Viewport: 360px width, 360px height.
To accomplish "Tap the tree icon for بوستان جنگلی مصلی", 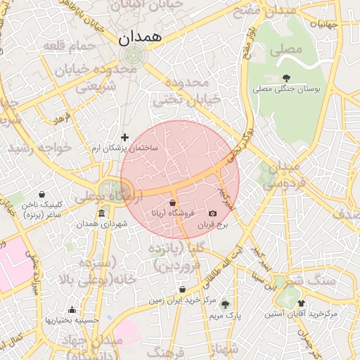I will [x=286, y=78].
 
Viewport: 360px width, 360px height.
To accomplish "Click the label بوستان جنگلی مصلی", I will [x=287, y=90].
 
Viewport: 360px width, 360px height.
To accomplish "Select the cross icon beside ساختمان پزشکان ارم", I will [x=125, y=137].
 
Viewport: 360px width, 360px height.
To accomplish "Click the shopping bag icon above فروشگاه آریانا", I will [x=172, y=202].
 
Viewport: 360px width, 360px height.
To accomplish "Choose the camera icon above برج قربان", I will [x=212, y=213].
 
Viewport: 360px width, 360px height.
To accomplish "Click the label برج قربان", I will [x=212, y=225].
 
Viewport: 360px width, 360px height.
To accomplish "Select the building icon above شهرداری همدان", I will [x=102, y=213].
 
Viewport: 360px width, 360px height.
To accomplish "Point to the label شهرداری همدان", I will [x=102, y=224].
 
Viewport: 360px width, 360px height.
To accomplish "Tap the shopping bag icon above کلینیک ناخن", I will [x=41, y=194].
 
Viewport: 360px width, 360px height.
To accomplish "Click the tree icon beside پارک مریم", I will [x=225, y=304].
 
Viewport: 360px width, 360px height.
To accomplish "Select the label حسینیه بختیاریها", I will [x=71, y=320].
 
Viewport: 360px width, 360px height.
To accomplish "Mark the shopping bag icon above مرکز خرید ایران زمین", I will [x=182, y=289].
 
